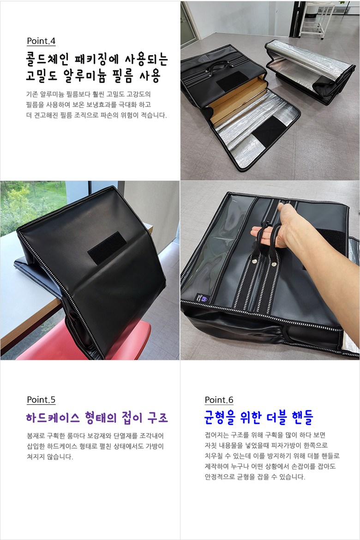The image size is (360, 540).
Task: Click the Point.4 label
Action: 41,41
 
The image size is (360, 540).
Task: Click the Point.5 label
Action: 41,400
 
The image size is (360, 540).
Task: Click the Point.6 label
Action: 219,400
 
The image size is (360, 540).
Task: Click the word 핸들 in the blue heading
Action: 302,418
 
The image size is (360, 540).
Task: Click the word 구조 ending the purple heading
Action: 157,418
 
